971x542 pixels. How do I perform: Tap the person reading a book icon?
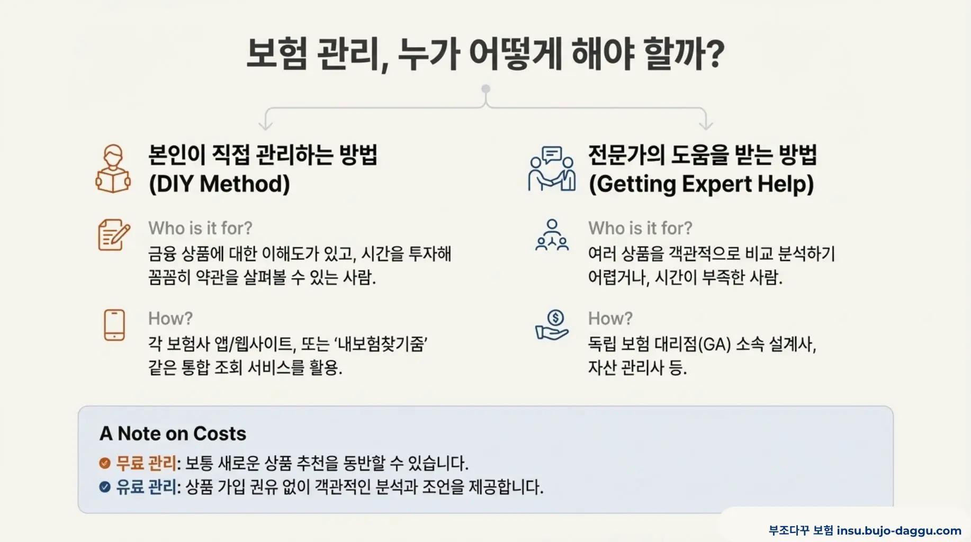pos(113,169)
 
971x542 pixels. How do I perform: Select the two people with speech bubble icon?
pos(552,169)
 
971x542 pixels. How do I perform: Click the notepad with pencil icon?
pos(113,234)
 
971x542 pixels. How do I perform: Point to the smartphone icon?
pos(114,324)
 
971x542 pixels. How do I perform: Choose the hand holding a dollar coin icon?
pos(552,325)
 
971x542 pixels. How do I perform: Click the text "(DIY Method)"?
pos(219,184)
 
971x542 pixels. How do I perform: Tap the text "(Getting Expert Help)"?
pos(701,184)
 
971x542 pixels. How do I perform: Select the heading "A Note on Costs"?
pos(173,433)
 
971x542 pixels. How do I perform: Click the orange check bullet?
pos(105,463)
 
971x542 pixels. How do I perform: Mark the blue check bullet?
pos(105,487)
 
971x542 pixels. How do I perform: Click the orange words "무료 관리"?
pos(146,463)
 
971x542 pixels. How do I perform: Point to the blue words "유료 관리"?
pos(146,487)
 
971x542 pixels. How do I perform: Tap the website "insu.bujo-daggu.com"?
pos(899,530)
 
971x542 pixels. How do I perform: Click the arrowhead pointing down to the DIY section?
pos(266,125)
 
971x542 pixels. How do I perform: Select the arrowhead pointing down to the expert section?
pos(706,125)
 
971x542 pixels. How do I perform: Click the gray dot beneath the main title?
pos(485,89)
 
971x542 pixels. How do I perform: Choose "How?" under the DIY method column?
pos(170,319)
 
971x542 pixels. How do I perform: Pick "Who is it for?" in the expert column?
pos(640,228)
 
